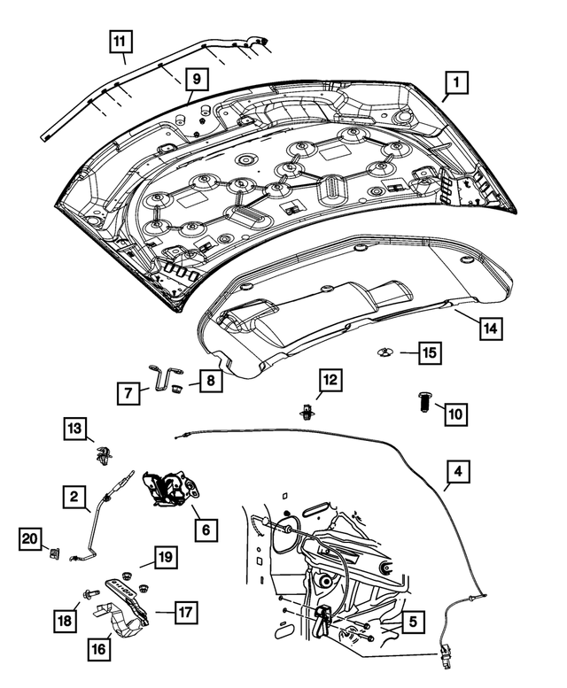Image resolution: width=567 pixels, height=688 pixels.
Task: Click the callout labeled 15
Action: click(429, 352)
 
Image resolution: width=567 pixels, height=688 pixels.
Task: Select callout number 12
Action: click(330, 381)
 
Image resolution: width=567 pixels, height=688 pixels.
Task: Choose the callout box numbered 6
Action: click(205, 530)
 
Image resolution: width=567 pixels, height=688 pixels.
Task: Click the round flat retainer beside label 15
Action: click(385, 352)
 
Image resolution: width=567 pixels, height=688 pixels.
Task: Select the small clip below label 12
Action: click(307, 411)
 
